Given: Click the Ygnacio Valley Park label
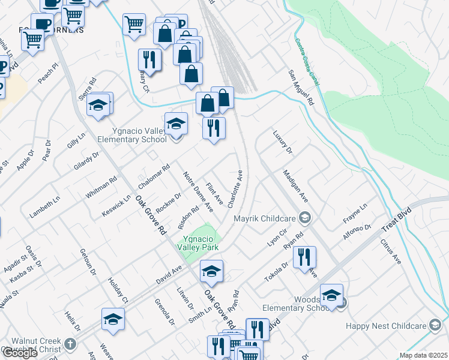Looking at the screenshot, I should click(197, 242).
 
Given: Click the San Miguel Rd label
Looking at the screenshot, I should click(301, 88).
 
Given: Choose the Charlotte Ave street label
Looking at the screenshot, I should click(235, 188).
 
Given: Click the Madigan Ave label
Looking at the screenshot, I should click(295, 188).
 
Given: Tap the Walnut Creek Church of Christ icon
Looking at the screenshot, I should click(70, 344).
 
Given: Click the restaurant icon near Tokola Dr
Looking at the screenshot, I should click(304, 257).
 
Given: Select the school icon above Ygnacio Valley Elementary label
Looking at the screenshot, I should click(176, 124).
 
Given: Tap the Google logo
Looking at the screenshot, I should click(19, 352).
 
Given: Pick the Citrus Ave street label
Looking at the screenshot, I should click(391, 251).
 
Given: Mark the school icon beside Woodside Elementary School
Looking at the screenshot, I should click(331, 295).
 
